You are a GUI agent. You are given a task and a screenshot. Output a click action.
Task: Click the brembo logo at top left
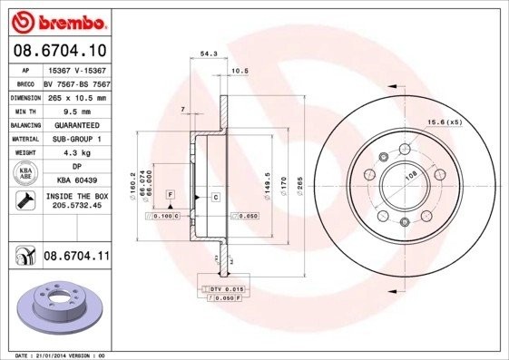tap(56, 19)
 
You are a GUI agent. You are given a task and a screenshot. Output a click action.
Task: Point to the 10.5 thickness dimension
tap(240, 71)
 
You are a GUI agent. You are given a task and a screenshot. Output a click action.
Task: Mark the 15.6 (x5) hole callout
tap(445, 122)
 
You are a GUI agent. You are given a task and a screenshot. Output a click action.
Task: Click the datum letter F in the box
tap(169, 194)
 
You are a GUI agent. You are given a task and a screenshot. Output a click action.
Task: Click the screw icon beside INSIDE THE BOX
tap(22, 200)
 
